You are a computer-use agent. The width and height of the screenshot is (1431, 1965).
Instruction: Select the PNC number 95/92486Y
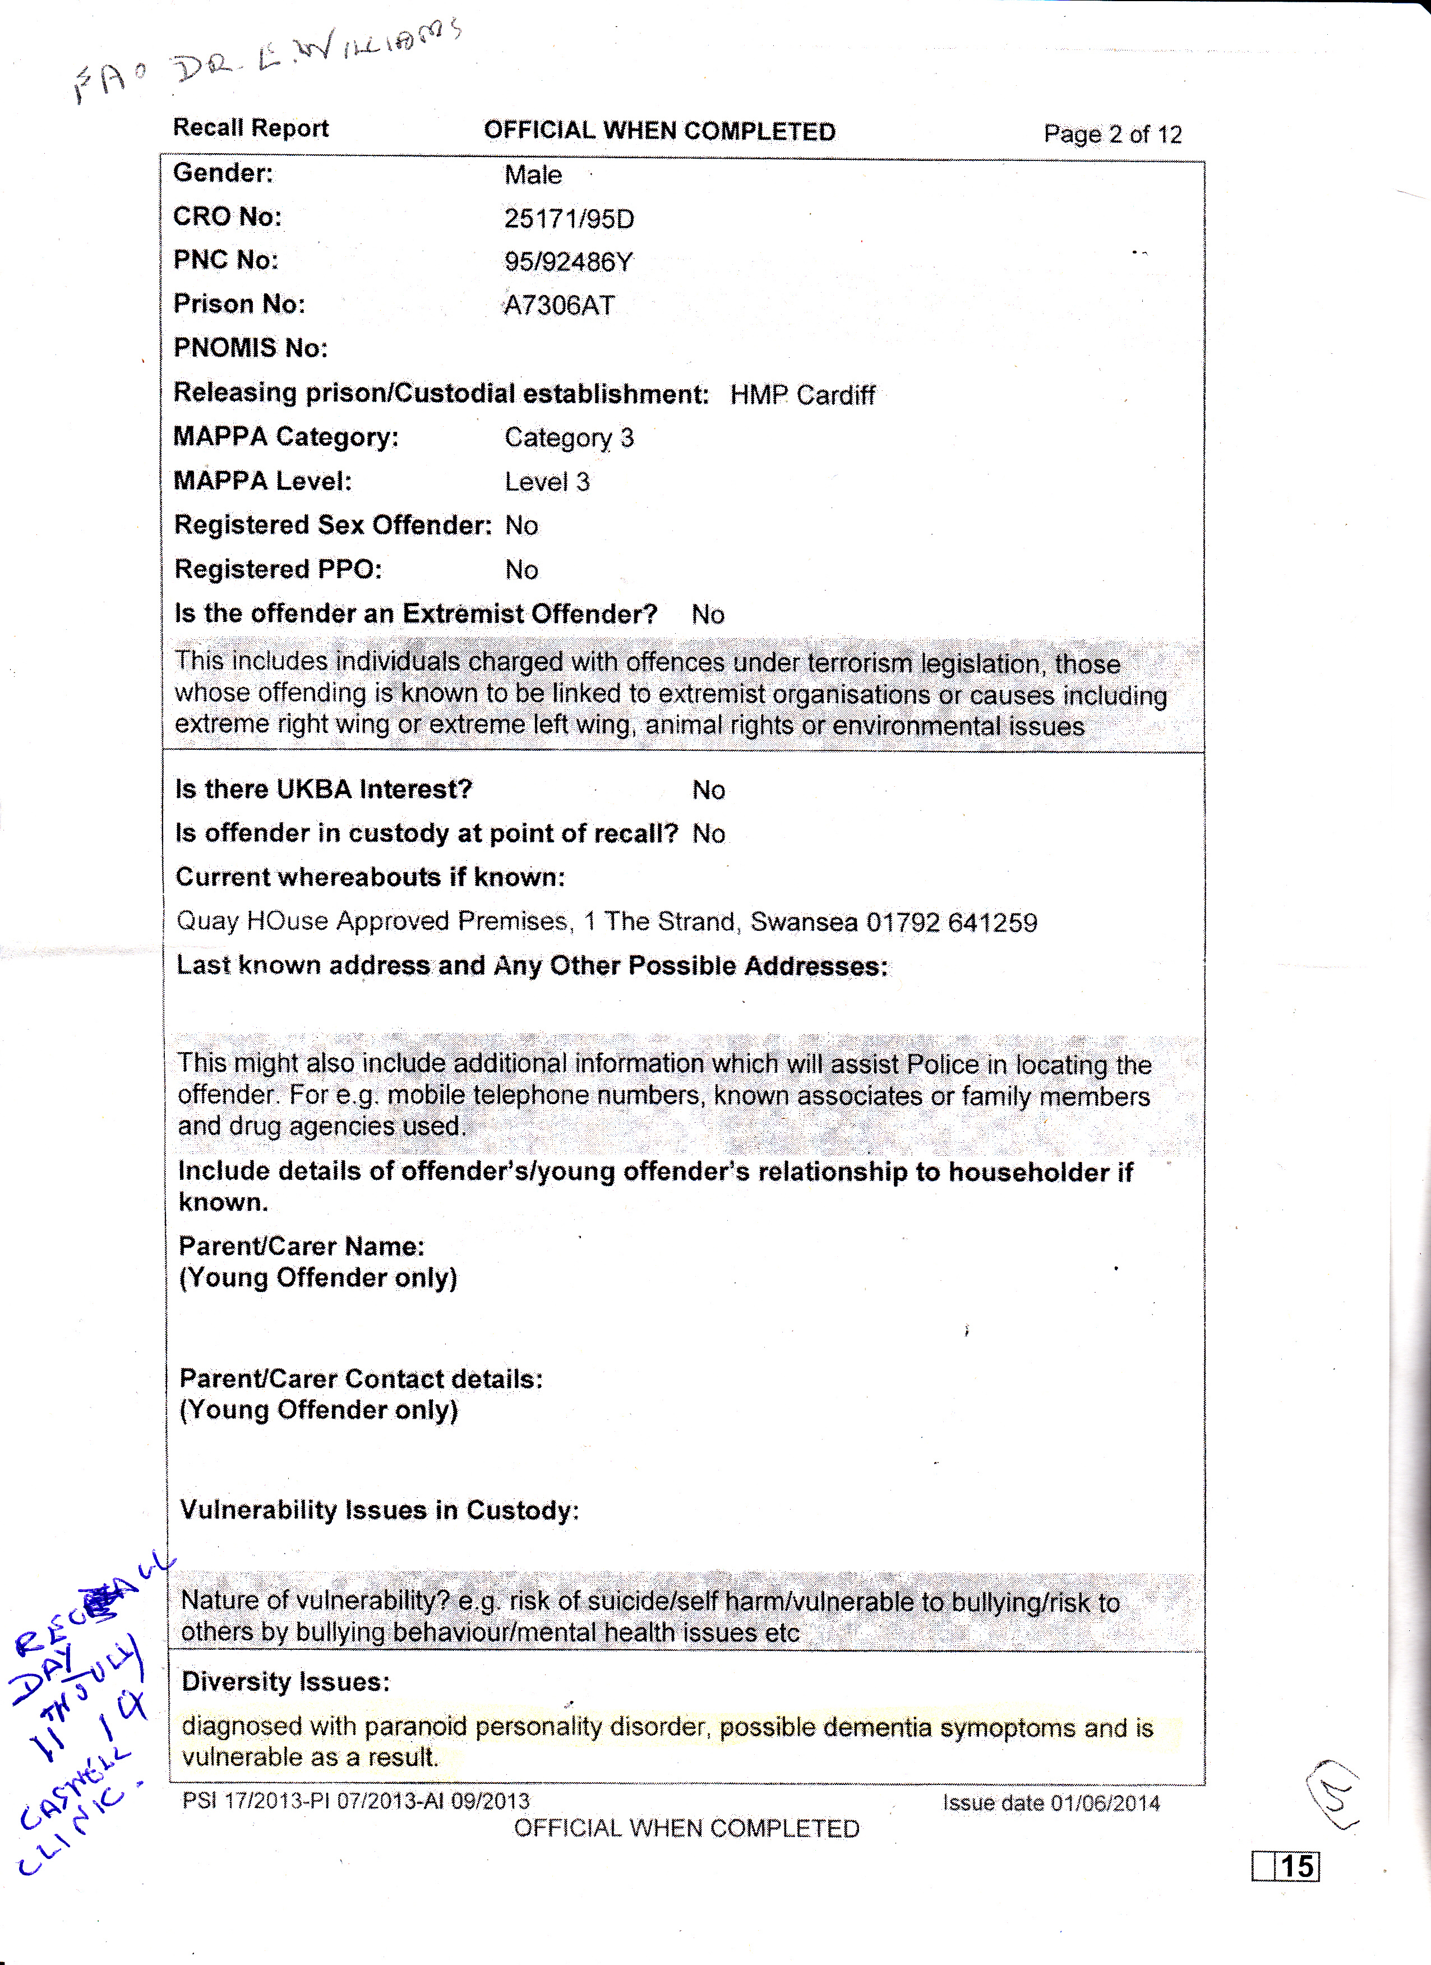568,262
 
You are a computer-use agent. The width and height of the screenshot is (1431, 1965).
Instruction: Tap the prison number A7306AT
560,305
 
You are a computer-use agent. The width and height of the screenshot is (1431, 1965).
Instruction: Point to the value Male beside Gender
533,175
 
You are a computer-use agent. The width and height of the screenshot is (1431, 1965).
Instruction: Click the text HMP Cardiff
802,395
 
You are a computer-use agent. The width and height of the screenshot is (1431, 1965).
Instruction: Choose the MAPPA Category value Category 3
569,437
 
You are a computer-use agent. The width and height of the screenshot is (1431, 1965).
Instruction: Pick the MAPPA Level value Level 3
547,482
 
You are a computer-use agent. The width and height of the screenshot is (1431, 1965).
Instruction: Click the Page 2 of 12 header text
1113,134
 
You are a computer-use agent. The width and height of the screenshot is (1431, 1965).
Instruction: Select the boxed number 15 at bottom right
1297,1865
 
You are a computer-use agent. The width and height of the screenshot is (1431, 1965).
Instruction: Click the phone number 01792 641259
951,922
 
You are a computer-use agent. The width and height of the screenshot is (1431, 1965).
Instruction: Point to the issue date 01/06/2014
1105,1803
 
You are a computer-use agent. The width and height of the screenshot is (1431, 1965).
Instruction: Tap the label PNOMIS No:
250,348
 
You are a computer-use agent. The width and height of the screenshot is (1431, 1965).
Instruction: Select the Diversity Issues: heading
286,1682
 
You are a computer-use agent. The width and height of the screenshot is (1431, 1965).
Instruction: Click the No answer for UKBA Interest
709,790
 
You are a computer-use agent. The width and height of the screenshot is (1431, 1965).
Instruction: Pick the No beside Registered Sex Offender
521,526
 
